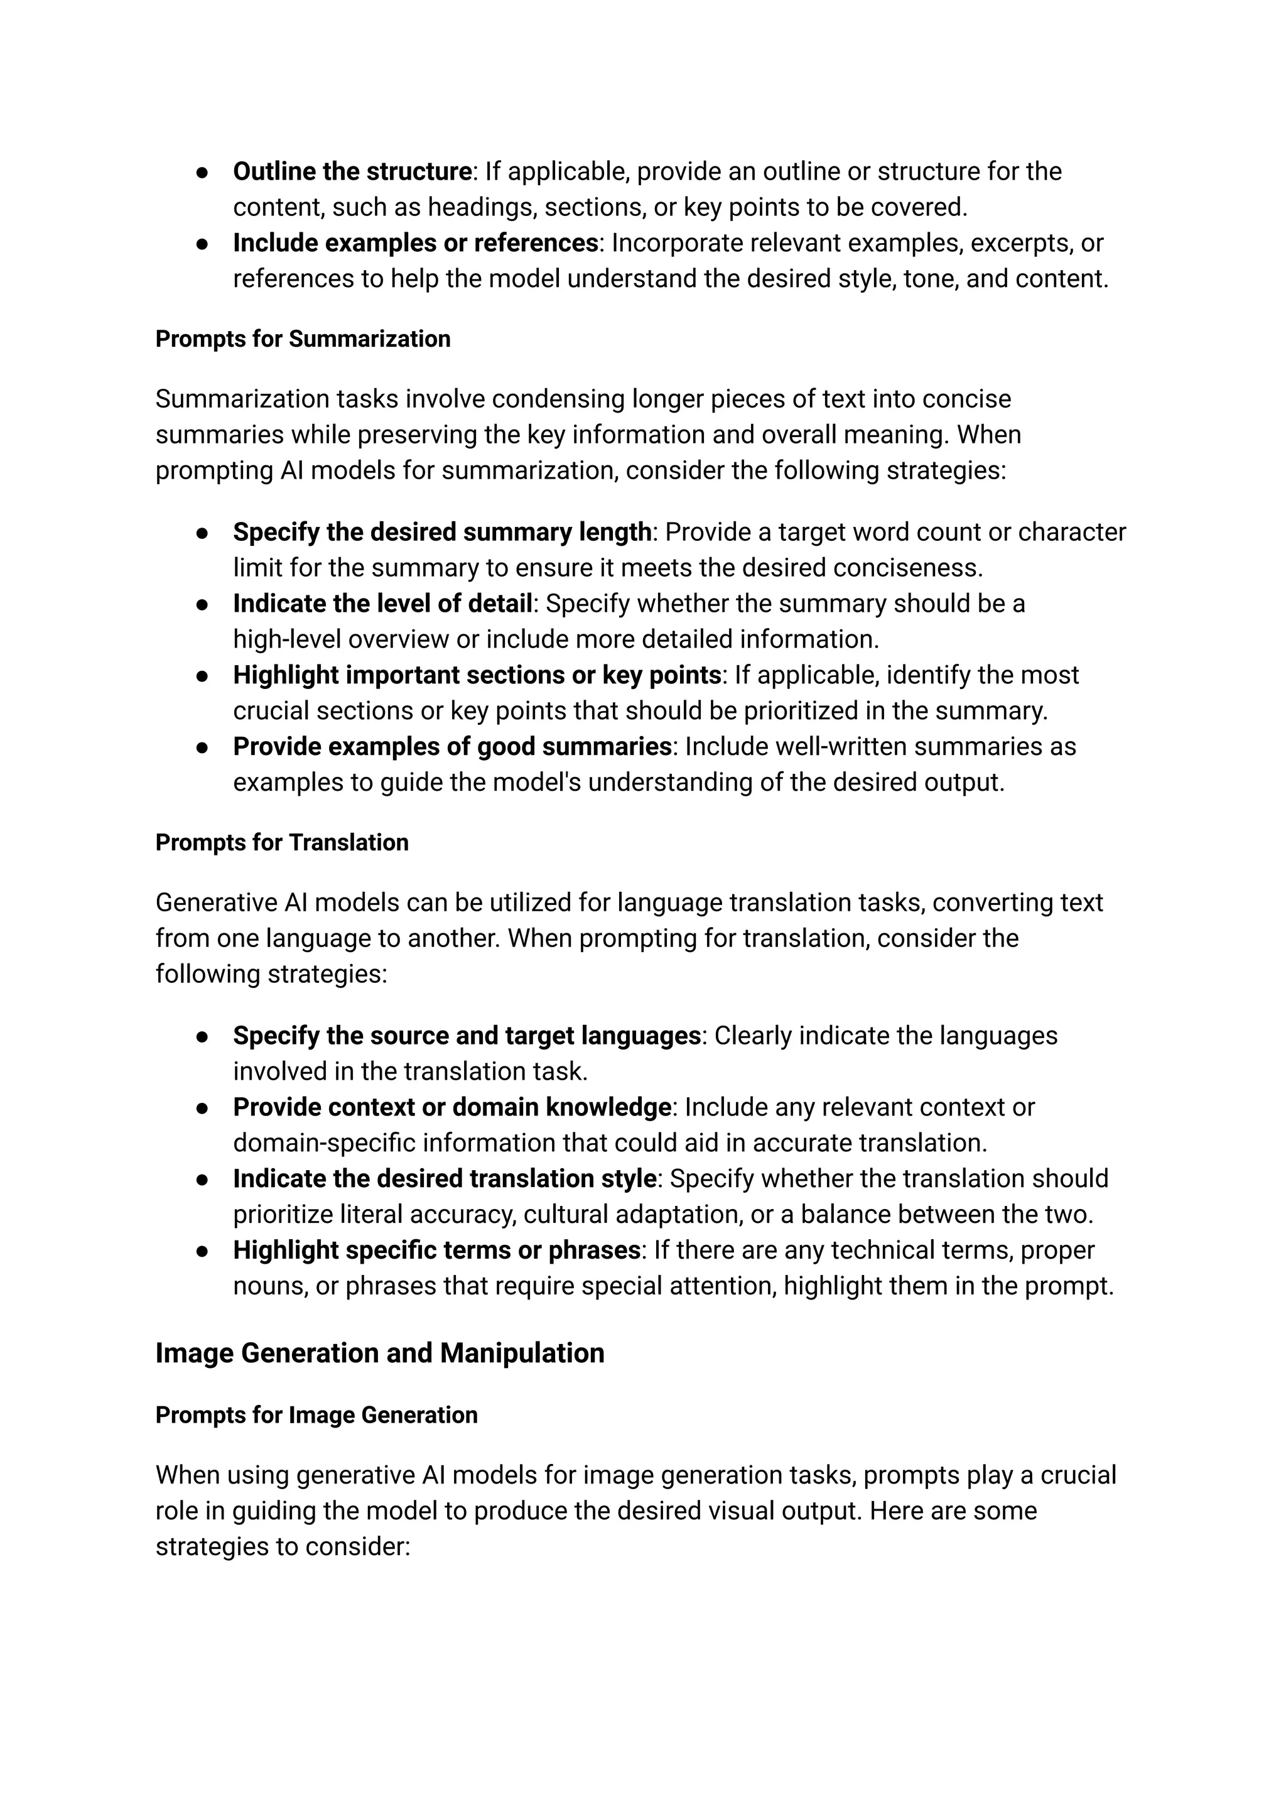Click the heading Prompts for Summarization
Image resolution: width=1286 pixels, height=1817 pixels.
point(303,339)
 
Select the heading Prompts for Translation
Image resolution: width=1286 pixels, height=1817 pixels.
point(282,842)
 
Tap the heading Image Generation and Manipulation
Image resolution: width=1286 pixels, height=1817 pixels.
point(379,1353)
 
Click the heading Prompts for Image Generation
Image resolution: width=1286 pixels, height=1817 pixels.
point(316,1416)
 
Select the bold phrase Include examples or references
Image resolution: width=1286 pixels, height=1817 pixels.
point(415,243)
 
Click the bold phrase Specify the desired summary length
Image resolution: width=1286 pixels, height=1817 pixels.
point(442,531)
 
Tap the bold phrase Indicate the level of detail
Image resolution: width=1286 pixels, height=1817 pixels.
point(382,604)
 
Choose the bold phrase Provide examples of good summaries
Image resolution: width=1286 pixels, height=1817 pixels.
point(452,746)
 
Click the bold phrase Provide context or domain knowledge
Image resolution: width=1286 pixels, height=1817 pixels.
point(451,1107)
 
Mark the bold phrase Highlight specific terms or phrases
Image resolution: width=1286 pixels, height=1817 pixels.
point(436,1250)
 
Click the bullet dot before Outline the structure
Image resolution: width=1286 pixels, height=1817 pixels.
point(202,172)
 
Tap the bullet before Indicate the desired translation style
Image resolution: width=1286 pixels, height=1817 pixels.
point(202,1180)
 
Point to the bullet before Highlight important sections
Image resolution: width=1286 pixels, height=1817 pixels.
point(202,676)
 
